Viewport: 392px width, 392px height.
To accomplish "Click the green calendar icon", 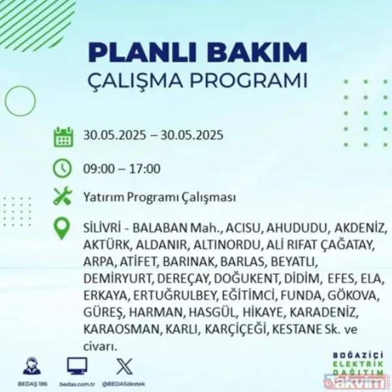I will click(x=63, y=137).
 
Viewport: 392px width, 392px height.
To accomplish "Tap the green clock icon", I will click(x=63, y=167).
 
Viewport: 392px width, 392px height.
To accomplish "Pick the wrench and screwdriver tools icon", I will click(x=63, y=197).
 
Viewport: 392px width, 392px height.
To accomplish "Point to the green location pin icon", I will click(x=63, y=229).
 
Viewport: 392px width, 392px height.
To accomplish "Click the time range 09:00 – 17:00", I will click(x=122, y=168).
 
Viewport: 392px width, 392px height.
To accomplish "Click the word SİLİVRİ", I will click(x=103, y=229).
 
